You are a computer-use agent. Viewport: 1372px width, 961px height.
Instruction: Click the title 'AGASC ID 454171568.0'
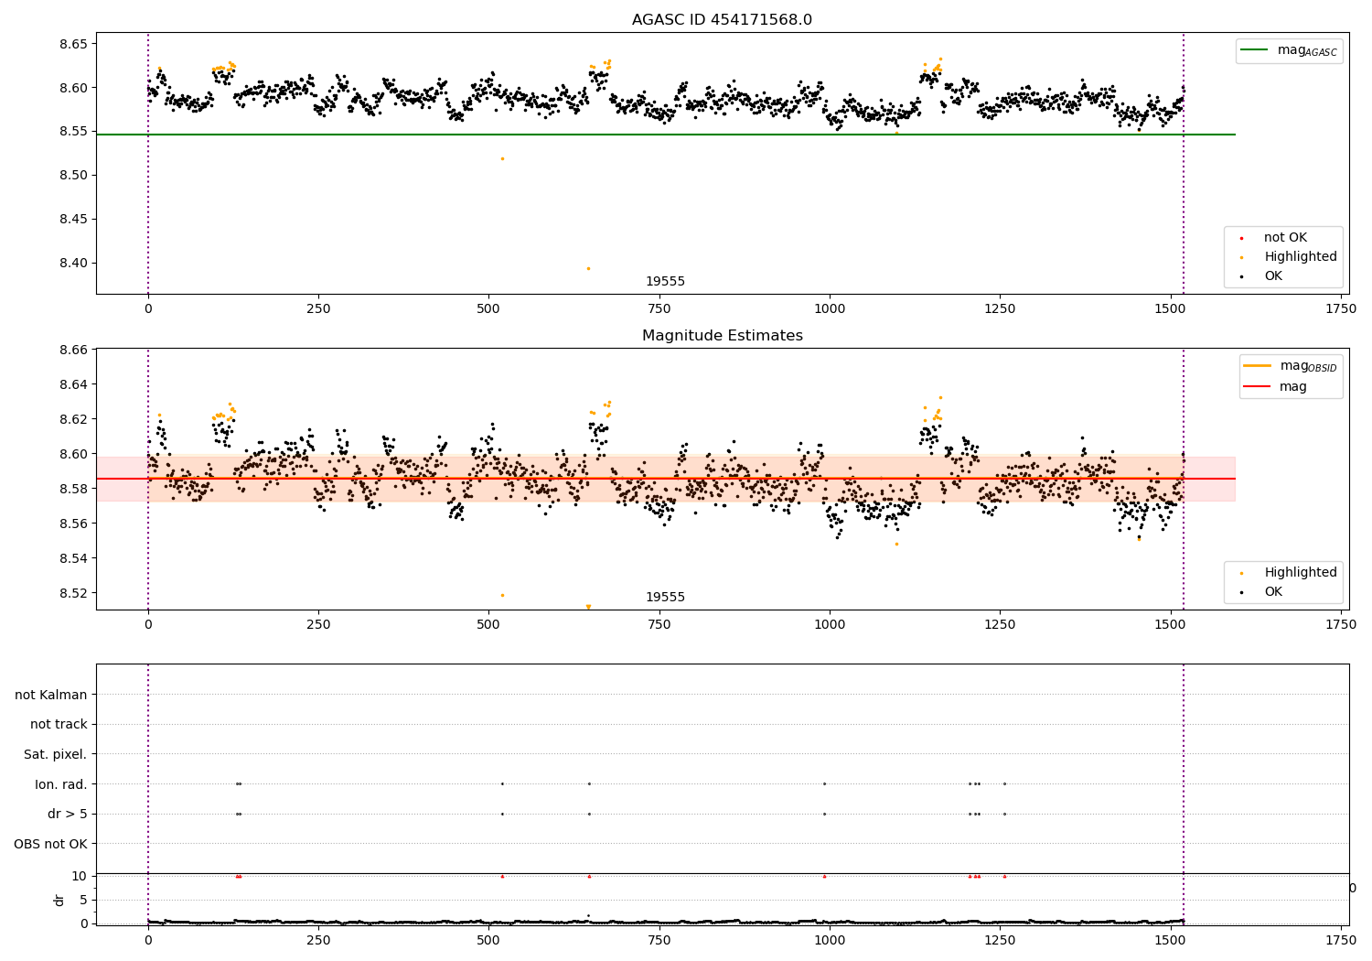(722, 20)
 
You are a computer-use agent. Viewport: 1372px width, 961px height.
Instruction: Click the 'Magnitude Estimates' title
(722, 336)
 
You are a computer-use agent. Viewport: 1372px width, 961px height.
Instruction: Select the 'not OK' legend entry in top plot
(1285, 238)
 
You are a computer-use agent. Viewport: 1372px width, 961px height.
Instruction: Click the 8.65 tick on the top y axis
(72, 44)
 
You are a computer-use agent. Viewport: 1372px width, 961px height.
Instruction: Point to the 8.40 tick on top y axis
(72, 263)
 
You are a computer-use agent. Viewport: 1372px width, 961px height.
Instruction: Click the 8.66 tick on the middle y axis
(72, 350)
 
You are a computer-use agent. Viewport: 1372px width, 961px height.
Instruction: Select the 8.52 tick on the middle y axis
(72, 593)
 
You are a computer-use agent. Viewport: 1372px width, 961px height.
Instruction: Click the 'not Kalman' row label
(51, 695)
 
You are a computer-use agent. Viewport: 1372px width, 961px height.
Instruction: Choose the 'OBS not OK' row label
(50, 844)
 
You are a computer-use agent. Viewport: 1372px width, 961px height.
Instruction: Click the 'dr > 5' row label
(68, 814)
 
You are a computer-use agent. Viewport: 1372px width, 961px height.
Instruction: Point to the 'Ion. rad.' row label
(61, 784)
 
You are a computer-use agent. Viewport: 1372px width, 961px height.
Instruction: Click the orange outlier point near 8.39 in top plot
(588, 268)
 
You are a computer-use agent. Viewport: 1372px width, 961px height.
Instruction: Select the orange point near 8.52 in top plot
(502, 158)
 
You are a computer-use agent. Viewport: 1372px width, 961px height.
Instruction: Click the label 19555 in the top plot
(665, 282)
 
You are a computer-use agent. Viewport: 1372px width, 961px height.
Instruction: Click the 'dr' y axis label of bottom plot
(59, 900)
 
